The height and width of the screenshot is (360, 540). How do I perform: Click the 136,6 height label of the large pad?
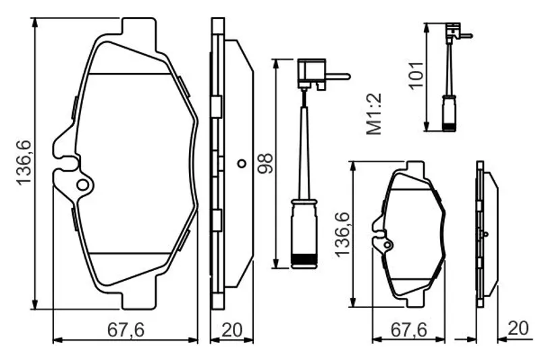pyautogui.click(x=24, y=163)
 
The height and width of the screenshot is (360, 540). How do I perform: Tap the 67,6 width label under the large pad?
pyautogui.click(x=126, y=330)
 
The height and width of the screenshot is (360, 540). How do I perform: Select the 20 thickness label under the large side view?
pyautogui.click(x=232, y=330)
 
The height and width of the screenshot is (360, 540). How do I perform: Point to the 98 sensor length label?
pyautogui.click(x=265, y=163)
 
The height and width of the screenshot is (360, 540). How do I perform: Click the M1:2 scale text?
pyautogui.click(x=374, y=113)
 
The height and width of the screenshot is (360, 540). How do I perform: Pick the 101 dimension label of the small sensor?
pyautogui.click(x=416, y=75)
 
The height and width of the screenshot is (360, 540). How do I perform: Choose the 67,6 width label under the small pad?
pyautogui.click(x=409, y=330)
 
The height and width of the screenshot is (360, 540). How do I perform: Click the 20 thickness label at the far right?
pyautogui.click(x=518, y=328)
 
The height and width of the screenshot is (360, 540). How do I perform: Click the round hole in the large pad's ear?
pyautogui.click(x=83, y=185)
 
